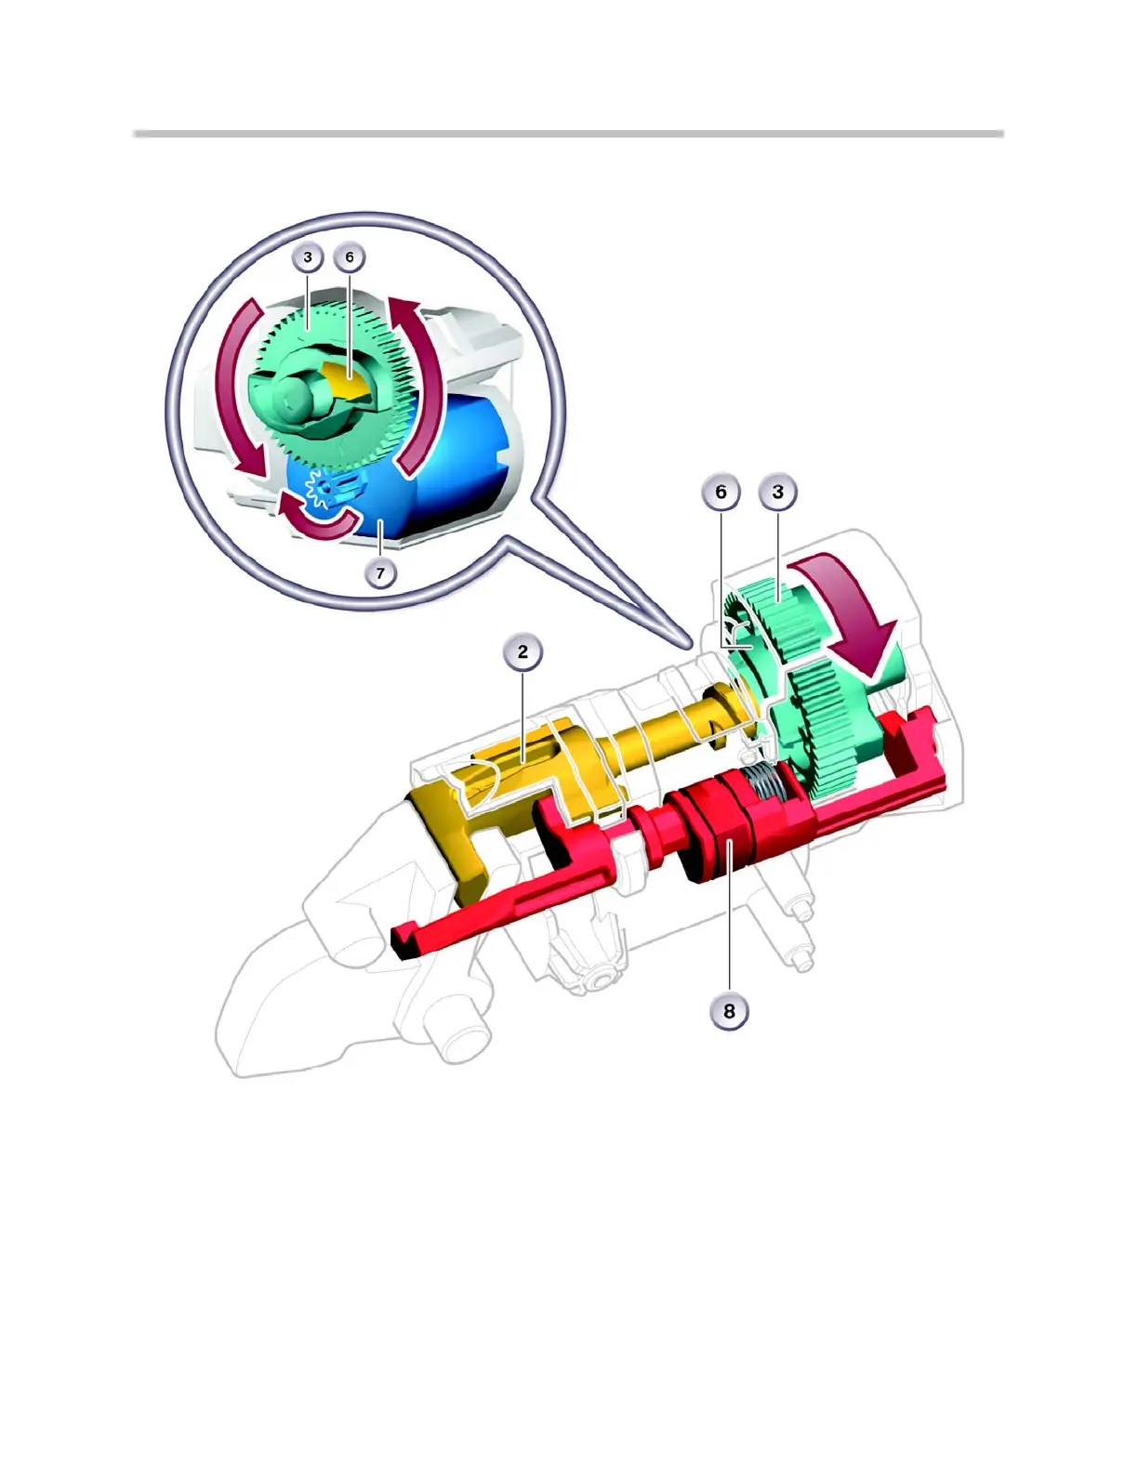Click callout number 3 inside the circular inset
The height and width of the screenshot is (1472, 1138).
point(308,257)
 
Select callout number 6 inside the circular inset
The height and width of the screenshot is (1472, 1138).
point(350,257)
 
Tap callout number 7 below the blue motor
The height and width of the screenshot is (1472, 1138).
point(380,573)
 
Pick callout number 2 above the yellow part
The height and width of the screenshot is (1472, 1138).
point(523,651)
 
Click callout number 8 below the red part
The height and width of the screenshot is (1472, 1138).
point(729,1011)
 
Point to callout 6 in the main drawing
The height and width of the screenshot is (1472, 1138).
point(721,492)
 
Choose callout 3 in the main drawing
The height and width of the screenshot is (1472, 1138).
point(778,492)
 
